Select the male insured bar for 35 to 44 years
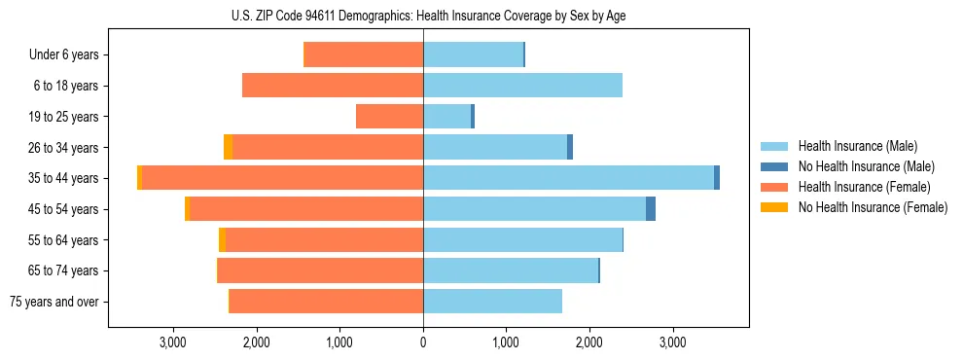(568, 178)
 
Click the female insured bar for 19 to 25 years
(389, 117)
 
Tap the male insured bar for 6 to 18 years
(522, 86)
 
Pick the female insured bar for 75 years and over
(326, 302)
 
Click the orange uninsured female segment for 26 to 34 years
(228, 147)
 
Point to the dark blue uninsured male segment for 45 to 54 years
(651, 209)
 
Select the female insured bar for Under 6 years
(364, 54)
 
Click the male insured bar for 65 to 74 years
(511, 270)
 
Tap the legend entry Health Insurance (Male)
(856, 146)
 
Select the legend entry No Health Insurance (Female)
(873, 207)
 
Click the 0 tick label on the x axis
(423, 342)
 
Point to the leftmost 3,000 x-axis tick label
(173, 342)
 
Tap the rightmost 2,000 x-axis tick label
(589, 342)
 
